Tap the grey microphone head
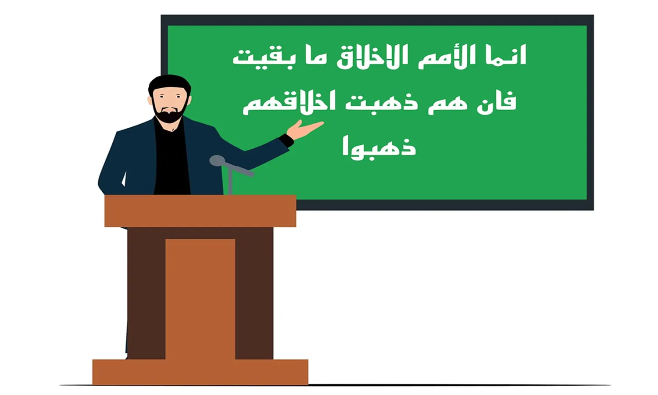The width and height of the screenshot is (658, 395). [x=217, y=161]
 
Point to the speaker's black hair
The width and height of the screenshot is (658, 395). [x=169, y=83]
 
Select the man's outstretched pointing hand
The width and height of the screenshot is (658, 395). [x=304, y=130]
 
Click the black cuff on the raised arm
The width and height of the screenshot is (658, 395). [x=286, y=140]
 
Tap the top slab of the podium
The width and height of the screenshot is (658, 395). [x=200, y=211]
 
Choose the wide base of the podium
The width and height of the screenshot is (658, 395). [x=200, y=372]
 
